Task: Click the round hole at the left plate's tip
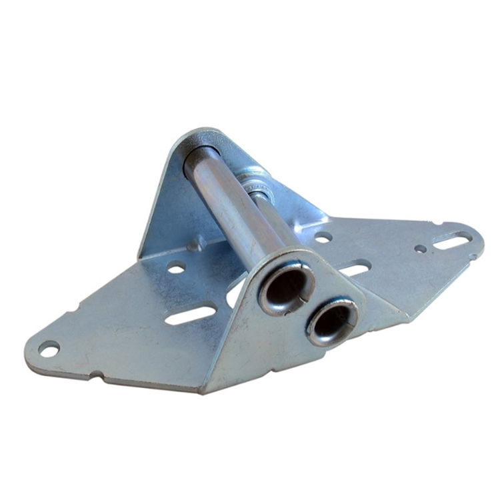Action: click(48, 349)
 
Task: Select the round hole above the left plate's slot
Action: click(176, 268)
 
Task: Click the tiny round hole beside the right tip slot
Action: click(420, 249)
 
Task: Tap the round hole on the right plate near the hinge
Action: click(323, 237)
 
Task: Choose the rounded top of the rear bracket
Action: click(200, 133)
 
